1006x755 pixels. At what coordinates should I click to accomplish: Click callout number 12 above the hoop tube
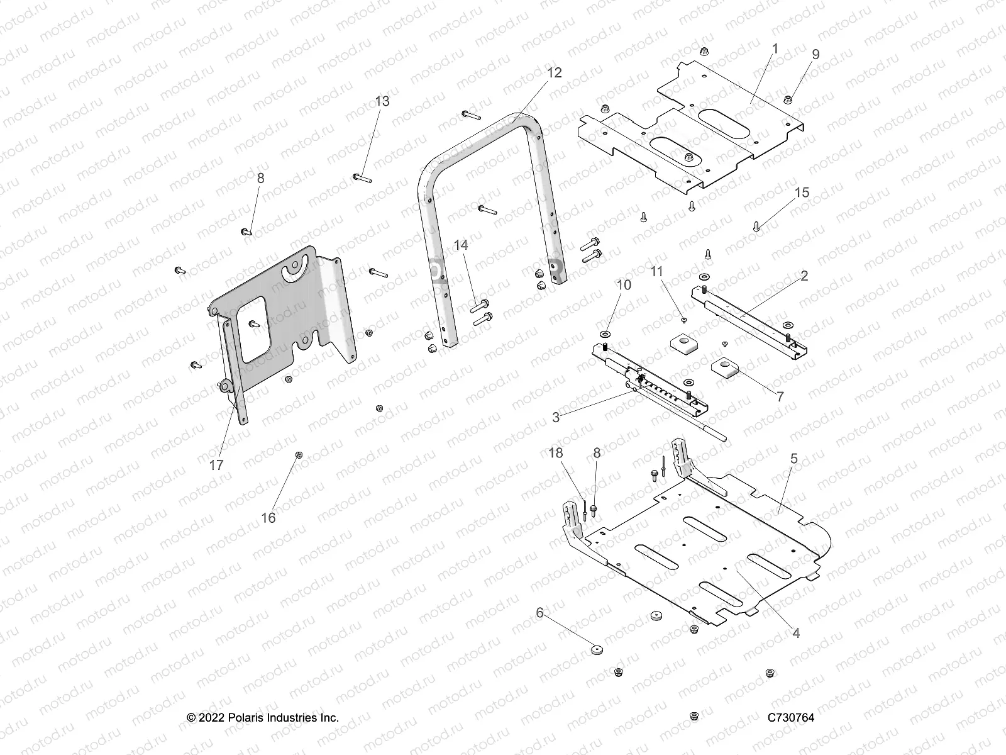point(554,73)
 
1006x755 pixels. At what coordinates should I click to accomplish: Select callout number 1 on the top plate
point(775,48)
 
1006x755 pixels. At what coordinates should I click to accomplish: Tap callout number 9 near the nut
point(815,55)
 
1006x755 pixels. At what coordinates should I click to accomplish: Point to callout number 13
point(382,101)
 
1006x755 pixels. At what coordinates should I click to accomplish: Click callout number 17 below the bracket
point(216,466)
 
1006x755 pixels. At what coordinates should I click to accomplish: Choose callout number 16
point(268,518)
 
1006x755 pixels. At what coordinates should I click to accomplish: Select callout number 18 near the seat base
point(555,453)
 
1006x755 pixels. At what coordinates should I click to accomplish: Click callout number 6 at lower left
point(539,612)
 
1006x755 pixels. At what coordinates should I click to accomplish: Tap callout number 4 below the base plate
point(796,634)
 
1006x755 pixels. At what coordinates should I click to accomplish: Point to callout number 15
point(802,193)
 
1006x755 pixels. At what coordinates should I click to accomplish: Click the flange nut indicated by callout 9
point(788,98)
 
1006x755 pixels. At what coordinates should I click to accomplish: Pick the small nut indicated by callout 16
point(299,454)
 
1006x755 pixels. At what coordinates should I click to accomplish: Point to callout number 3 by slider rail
point(556,417)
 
